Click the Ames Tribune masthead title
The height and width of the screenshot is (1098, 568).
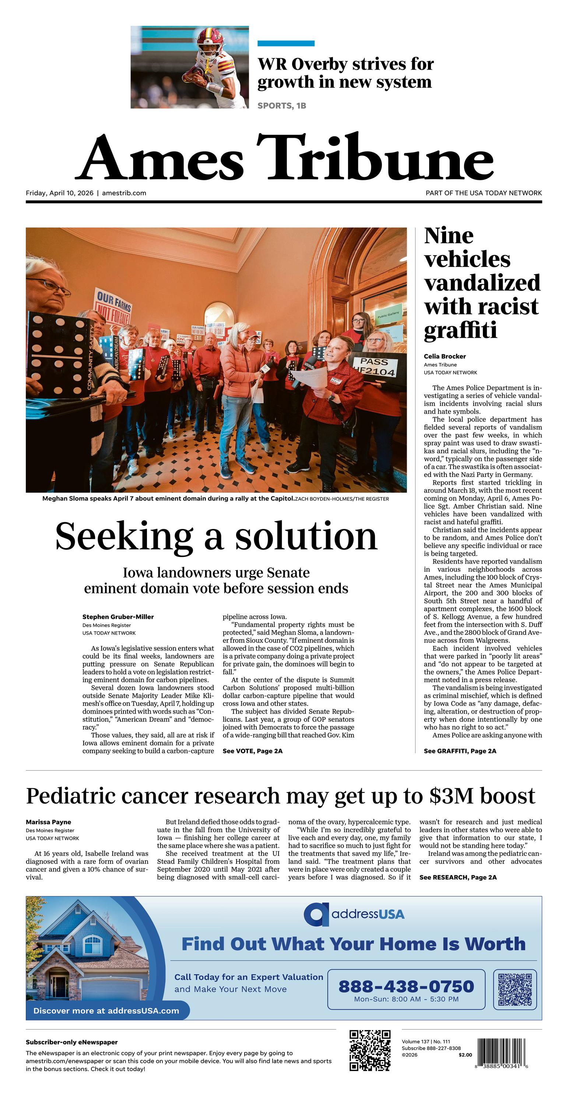(284, 158)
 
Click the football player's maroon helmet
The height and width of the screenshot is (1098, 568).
(210, 39)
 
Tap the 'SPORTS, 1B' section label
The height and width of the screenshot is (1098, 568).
(282, 106)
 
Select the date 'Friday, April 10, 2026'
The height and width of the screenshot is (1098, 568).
(59, 193)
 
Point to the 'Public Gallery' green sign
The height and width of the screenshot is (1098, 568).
(388, 314)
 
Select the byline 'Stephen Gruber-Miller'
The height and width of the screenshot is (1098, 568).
(118, 617)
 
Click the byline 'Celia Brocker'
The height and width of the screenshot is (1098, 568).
(445, 356)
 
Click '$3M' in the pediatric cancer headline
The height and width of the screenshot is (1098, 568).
(452, 796)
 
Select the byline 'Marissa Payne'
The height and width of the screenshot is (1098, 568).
(48, 822)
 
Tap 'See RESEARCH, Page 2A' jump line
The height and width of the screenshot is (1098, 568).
(457, 877)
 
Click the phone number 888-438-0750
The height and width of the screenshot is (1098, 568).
(406, 986)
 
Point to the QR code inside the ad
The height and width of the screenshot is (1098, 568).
(515, 990)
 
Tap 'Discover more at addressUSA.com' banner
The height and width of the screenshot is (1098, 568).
(106, 1011)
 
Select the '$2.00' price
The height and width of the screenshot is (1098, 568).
(465, 1055)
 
